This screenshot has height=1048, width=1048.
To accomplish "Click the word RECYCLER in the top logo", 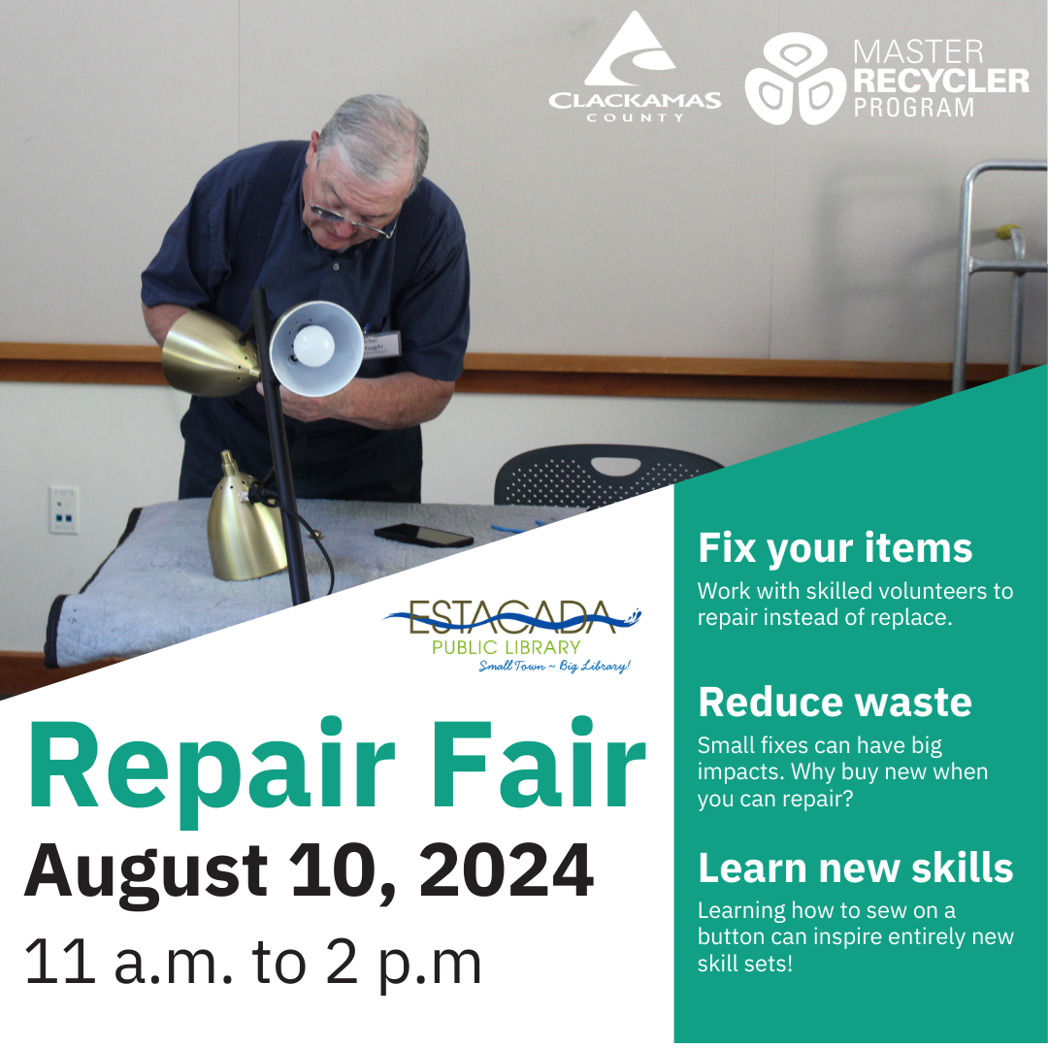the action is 941,81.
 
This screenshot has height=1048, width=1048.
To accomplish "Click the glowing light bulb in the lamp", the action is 313,345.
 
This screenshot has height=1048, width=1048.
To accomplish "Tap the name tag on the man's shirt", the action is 381,345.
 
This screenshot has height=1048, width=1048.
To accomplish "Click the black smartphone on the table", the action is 423,535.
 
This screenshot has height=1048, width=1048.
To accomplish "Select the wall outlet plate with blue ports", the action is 63,510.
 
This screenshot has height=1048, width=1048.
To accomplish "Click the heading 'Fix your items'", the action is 835,548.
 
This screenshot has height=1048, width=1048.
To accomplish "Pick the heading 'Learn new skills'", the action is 856,868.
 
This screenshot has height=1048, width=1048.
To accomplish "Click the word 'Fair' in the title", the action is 541,764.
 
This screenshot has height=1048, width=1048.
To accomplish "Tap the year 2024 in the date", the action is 506,870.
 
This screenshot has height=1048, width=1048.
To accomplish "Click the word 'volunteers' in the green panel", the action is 930,591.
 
